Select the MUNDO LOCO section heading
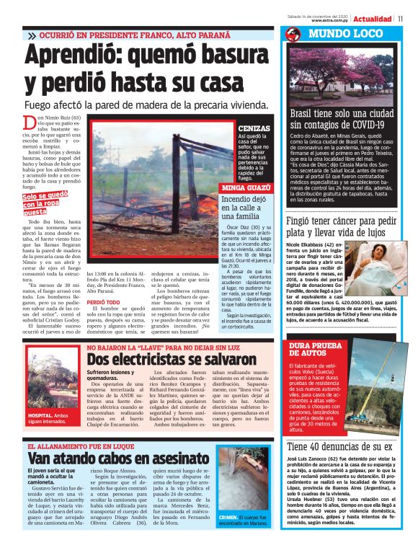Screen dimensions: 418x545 (x=337, y=34)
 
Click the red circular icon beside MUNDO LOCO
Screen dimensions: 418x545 (x=292, y=35)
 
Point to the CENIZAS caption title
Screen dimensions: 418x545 (x=252, y=128)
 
